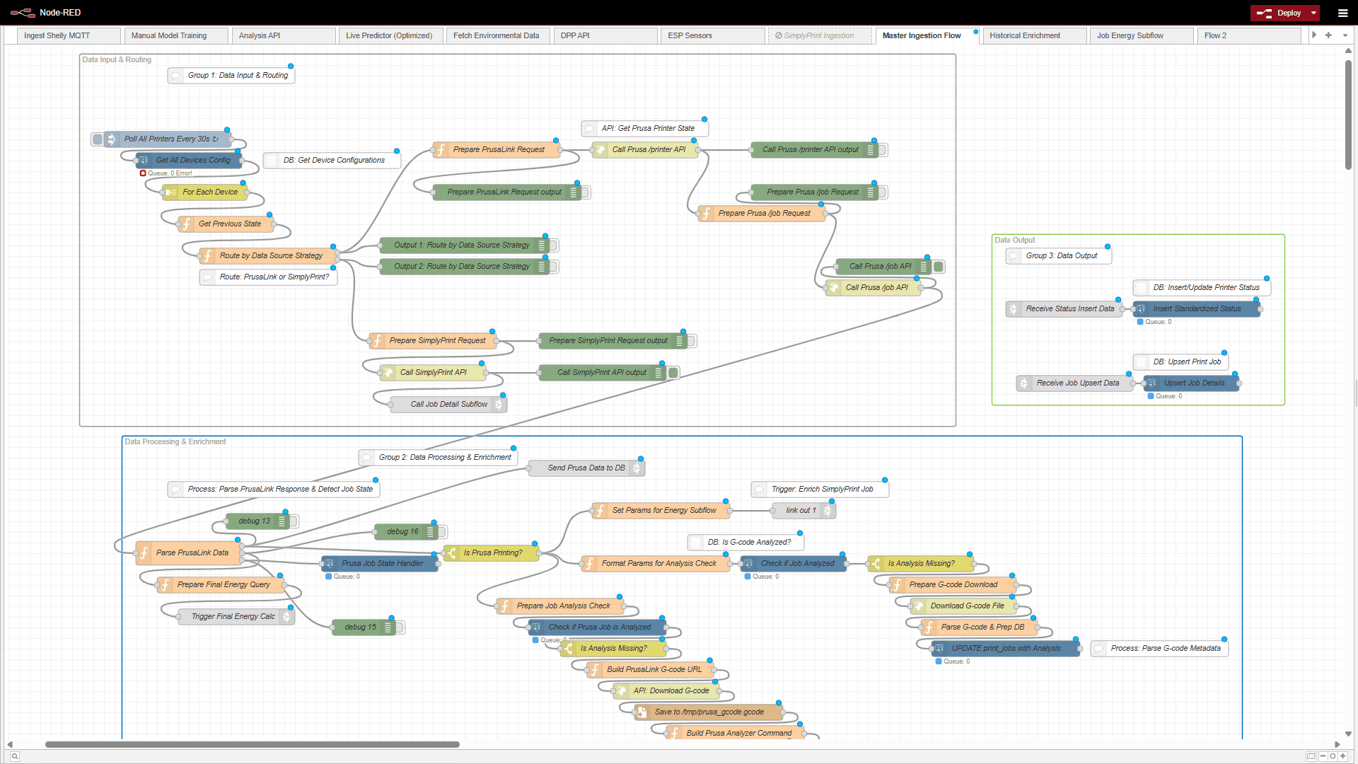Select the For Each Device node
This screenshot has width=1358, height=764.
pos(209,192)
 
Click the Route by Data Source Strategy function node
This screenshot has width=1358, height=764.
pos(270,256)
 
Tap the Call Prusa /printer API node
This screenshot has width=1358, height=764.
pos(648,150)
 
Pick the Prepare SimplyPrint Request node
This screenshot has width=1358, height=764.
pos(436,341)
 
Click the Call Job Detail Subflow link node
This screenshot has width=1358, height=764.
pos(448,405)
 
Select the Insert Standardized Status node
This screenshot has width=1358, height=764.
pos(1196,309)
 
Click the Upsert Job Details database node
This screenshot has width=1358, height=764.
pos(1193,383)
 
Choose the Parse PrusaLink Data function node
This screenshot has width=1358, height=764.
pos(192,553)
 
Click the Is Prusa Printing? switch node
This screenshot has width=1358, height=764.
pos(492,553)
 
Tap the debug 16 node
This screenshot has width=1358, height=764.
pos(402,532)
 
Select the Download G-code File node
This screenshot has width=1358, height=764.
pos(966,606)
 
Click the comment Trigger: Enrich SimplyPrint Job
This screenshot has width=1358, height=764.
pos(821,490)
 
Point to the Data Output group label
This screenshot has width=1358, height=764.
pos(1014,241)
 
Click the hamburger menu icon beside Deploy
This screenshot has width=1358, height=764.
pos(1342,13)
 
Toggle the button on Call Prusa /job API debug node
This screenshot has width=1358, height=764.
pos(939,267)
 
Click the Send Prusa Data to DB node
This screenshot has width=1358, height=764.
pos(586,468)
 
